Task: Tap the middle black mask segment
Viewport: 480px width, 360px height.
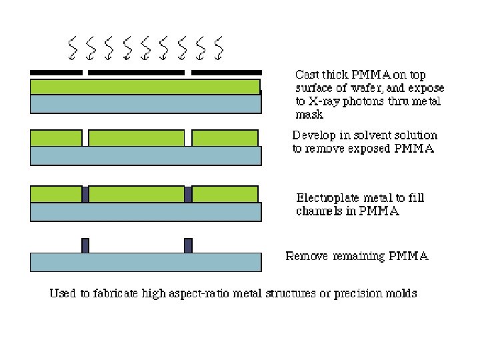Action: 136,72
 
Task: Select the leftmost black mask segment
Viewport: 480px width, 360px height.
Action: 56,72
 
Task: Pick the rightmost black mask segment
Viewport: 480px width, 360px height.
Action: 227,72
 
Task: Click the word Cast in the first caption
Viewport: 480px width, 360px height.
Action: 307,75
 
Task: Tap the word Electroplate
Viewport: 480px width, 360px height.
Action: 327,198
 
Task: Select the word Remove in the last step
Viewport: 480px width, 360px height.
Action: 307,255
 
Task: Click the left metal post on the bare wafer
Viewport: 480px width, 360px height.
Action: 85,245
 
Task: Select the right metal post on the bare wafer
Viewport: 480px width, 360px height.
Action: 188,245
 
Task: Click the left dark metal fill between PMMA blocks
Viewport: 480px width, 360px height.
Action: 85,194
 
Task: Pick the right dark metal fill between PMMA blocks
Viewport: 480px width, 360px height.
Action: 188,194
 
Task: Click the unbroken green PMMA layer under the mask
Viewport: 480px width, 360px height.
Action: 145,87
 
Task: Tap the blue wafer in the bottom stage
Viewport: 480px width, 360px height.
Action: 145,262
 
